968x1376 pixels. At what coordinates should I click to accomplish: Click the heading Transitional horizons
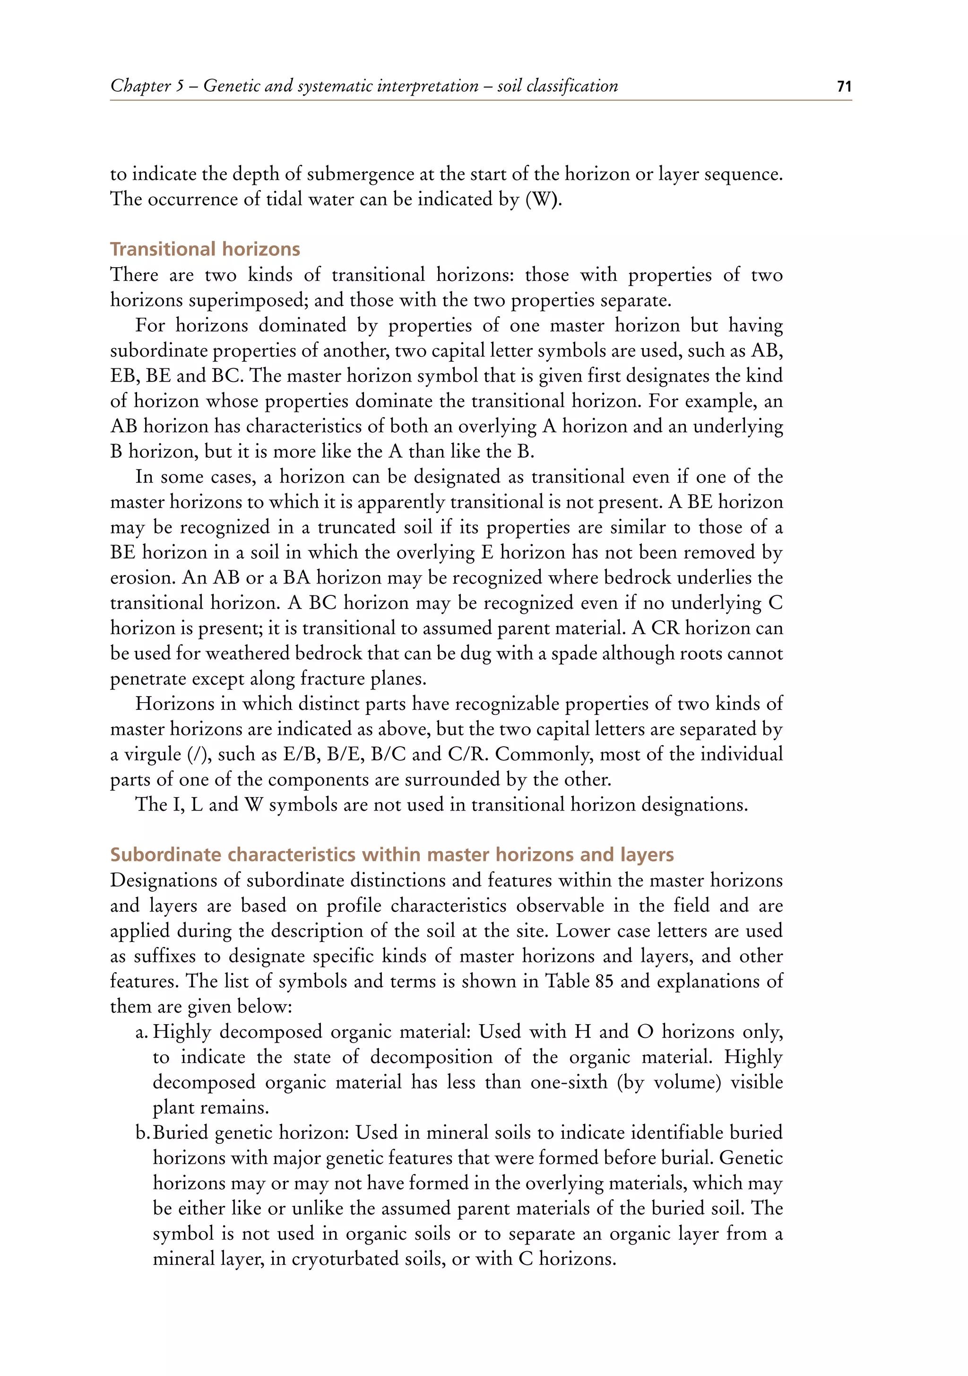click(205, 249)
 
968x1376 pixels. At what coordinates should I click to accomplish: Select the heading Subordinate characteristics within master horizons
click(392, 854)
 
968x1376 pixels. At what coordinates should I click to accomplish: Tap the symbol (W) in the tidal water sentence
click(543, 199)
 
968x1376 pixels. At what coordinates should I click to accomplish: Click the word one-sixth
click(569, 1082)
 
